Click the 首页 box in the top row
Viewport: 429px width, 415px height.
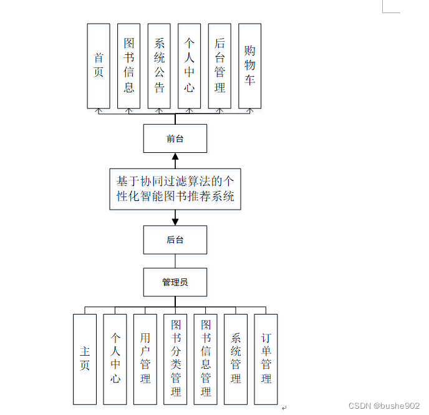tap(99, 66)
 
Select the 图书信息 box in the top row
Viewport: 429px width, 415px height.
tap(128, 66)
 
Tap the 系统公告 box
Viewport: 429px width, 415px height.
tap(159, 66)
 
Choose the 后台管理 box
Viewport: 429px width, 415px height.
tap(219, 66)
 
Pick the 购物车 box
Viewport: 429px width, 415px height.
tap(249, 66)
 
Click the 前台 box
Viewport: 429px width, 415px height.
tap(175, 139)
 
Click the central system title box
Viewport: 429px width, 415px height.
tap(175, 189)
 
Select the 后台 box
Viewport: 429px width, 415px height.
tap(175, 240)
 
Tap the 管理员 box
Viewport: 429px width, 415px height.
tap(175, 282)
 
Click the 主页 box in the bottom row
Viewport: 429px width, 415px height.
tap(85, 359)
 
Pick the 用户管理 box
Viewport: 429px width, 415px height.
tap(145, 359)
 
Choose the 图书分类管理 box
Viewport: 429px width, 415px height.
tap(175, 359)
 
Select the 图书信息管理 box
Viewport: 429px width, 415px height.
tap(206, 359)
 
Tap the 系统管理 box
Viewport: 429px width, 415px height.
tap(236, 359)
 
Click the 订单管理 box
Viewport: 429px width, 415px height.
tap(266, 359)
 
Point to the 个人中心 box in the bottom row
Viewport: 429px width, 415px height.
tap(115, 359)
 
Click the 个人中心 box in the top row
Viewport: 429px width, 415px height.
tap(190, 66)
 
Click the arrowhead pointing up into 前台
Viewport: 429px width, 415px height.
tap(175, 157)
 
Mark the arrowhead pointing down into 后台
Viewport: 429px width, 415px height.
tap(175, 221)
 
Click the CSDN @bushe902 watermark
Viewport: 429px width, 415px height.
tap(384, 406)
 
